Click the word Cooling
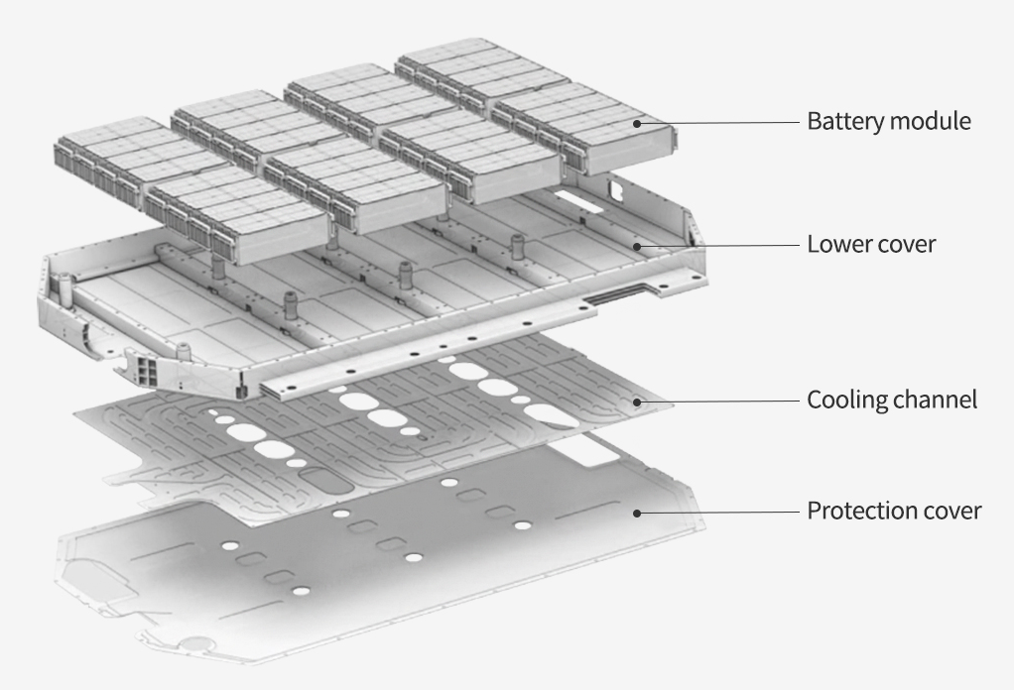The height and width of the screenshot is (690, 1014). pos(845,400)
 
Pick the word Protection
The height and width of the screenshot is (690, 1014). pos(855,512)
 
